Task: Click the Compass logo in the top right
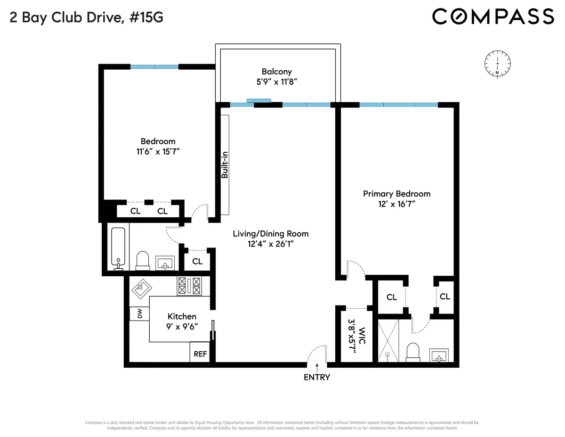click(x=493, y=16)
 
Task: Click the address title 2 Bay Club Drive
click(x=87, y=17)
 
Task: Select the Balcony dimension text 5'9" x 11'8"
click(x=277, y=82)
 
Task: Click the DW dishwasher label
click(x=140, y=314)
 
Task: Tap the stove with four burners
click(x=189, y=286)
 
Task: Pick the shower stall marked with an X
click(x=388, y=340)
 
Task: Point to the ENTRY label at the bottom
click(x=317, y=377)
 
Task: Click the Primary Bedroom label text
click(x=396, y=194)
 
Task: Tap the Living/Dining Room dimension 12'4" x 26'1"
click(x=271, y=244)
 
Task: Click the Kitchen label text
click(x=182, y=316)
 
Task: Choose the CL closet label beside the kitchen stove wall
click(x=197, y=261)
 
